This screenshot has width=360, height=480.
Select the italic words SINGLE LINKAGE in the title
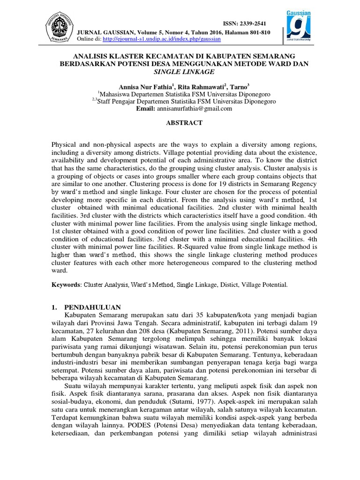(184, 72)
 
